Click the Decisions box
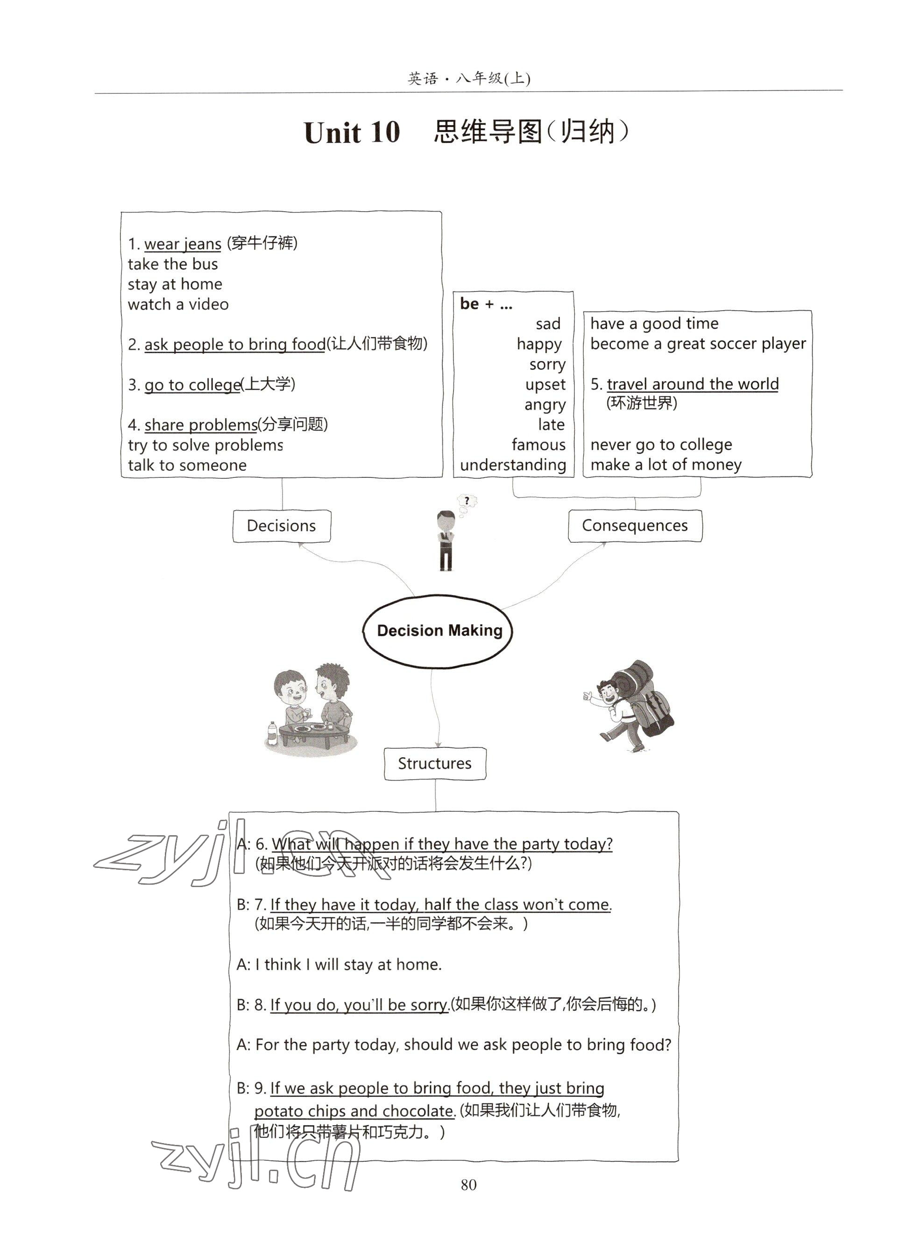tap(282, 526)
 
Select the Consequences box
tap(635, 526)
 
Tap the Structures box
tap(435, 763)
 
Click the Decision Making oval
tap(439, 631)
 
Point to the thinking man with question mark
tap(448, 534)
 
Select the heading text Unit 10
tap(352, 133)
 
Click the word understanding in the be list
tap(513, 465)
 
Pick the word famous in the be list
tap(538, 445)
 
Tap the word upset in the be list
tap(545, 384)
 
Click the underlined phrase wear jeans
tap(182, 244)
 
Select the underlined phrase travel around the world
tap(693, 384)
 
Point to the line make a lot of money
tap(666, 465)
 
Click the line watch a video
tap(178, 304)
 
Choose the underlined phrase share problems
tap(200, 425)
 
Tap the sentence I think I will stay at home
tap(348, 965)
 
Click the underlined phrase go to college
tap(192, 385)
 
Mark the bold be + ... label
tap(486, 304)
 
